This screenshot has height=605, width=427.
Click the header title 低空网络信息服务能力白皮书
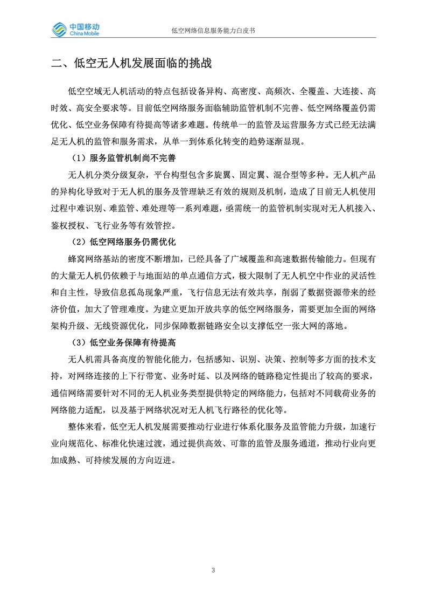coord(213,31)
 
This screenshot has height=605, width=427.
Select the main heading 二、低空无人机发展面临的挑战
coord(131,63)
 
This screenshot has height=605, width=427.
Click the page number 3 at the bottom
coord(214,570)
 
